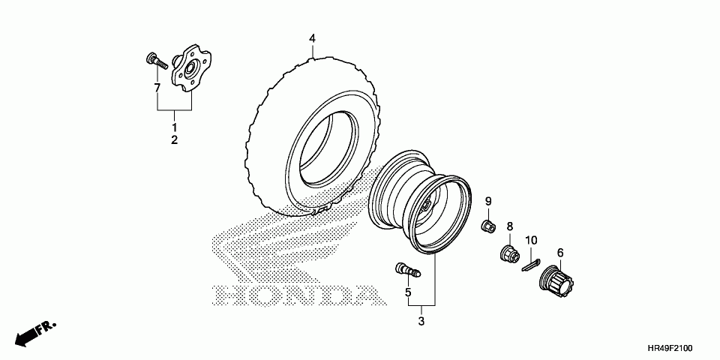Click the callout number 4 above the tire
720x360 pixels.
click(313, 37)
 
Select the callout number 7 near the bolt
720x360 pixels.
click(157, 88)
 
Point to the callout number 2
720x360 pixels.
click(174, 140)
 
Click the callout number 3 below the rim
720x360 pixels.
click(421, 321)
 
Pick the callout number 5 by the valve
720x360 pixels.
click(409, 292)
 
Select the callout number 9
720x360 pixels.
click(487, 201)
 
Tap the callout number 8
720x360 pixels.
click(509, 226)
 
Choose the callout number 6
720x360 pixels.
click(559, 253)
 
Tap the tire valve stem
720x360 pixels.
click(406, 269)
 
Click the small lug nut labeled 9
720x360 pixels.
click(488, 225)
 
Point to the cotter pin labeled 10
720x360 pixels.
click(531, 262)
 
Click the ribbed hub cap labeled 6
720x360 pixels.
click(557, 283)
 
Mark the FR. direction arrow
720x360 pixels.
click(34, 332)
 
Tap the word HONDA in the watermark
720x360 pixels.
click(292, 295)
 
